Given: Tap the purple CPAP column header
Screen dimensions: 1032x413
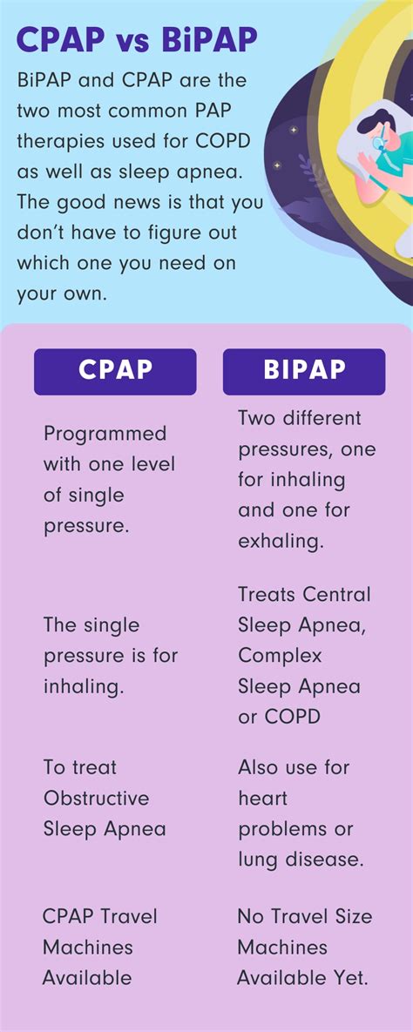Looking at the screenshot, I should tap(115, 371).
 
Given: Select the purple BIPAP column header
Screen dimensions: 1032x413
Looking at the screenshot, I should tap(304, 371).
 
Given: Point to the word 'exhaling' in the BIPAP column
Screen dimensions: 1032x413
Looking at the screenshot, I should tap(281, 541).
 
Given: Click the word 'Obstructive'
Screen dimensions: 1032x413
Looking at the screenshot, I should tap(96, 799).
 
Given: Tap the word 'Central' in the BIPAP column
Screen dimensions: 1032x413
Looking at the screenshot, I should tap(336, 595).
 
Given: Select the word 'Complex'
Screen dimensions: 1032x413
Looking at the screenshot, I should tap(280, 656).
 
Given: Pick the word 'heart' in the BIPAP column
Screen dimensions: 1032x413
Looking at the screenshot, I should tap(262, 799).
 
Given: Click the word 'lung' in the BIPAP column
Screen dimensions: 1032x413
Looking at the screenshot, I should tap(257, 860).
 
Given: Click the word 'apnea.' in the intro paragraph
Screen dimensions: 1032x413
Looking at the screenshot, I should tap(193, 171).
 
